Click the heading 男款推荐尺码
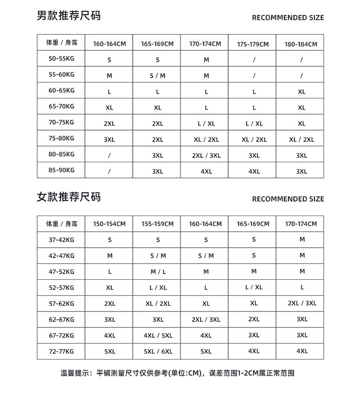(69, 16)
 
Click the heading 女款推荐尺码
(69, 197)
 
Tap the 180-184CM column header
(301, 44)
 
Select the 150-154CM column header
(109, 224)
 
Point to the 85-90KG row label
(61, 170)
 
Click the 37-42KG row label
(61, 240)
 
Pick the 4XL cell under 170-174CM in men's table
(206, 171)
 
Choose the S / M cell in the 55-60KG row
(157, 76)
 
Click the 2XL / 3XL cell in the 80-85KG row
(206, 156)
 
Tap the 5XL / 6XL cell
(158, 351)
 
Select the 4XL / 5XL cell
(158, 336)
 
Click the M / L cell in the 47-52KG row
(158, 272)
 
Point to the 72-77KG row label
(61, 351)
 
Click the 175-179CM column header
(253, 44)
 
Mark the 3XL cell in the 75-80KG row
(109, 140)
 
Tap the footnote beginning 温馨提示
(177, 372)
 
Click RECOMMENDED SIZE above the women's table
(288, 199)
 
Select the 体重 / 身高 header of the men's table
(61, 42)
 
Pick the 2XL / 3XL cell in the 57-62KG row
(302, 303)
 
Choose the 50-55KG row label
(61, 58)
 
